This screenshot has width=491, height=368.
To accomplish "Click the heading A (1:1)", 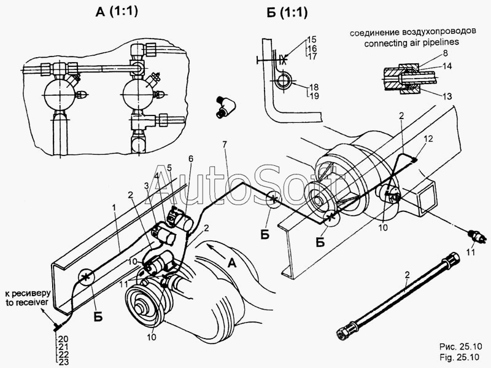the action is (x=117, y=12).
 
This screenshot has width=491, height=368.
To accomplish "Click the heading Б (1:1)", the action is (x=287, y=12).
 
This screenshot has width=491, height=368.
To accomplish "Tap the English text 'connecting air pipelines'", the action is (x=411, y=42).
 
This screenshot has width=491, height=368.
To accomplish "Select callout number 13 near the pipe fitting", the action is (x=447, y=96).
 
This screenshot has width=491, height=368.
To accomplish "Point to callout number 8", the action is (x=446, y=53).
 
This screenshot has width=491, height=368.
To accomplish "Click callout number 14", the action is (x=447, y=66).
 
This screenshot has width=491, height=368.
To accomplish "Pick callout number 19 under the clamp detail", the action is (x=314, y=96).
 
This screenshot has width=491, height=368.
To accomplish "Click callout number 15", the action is (x=312, y=40).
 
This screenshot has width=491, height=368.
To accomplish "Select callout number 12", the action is (x=428, y=139).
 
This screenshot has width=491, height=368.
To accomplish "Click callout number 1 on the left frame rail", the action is (x=115, y=207).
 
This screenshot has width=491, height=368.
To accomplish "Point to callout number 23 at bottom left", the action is (x=63, y=362).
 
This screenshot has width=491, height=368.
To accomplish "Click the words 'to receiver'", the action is (x=26, y=302).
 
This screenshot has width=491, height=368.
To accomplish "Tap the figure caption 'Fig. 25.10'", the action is (x=459, y=357).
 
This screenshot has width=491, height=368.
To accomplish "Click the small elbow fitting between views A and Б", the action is (x=225, y=106).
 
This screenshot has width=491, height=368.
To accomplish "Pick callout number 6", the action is (x=191, y=159).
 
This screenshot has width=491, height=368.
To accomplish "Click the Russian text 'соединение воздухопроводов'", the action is (x=413, y=33).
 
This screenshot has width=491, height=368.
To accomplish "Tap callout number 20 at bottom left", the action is (x=63, y=339).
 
